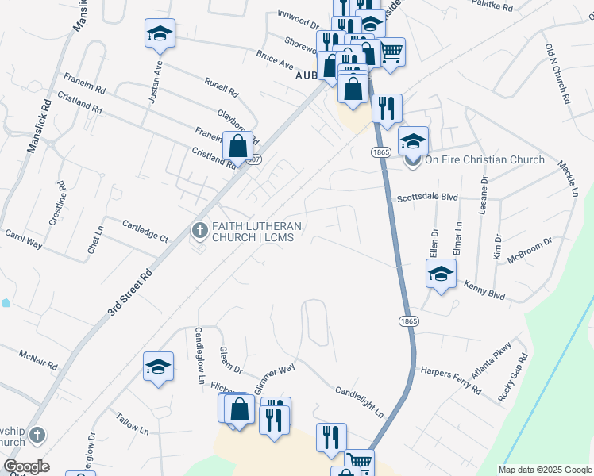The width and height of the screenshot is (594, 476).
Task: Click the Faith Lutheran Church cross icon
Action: point(199,230)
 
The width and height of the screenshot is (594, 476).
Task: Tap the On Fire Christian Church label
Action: point(484,159)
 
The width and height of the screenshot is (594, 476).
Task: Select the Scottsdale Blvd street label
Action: point(428,198)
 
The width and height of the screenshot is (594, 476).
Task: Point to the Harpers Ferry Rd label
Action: point(451,380)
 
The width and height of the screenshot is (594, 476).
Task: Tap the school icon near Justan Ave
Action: point(159,33)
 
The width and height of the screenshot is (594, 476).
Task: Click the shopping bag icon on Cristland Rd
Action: point(238,146)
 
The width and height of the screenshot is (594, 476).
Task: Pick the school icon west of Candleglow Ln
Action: point(158,367)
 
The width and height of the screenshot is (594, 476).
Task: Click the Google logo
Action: point(26,466)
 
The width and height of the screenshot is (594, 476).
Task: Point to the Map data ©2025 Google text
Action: point(545,470)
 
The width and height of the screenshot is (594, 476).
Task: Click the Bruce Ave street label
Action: point(275,60)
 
